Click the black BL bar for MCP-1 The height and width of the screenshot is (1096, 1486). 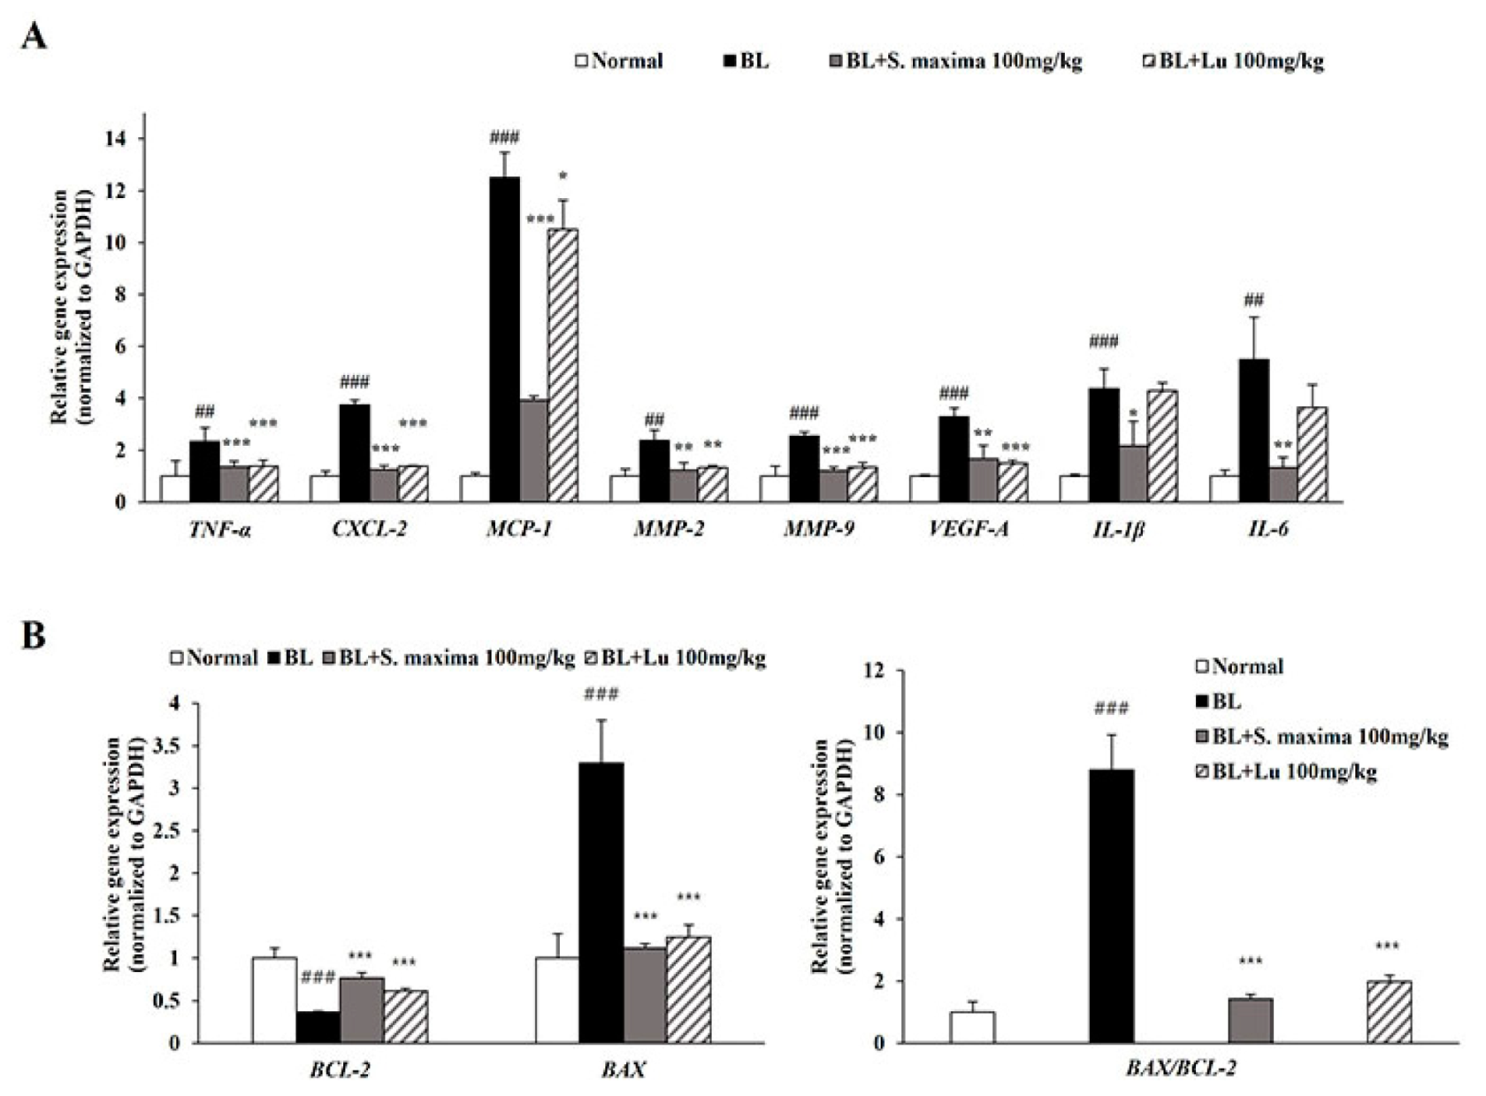[505, 341]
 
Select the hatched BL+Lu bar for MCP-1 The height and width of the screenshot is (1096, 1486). [563, 365]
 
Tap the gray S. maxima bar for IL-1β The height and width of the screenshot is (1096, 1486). [1133, 473]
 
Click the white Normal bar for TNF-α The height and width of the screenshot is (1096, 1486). [174, 488]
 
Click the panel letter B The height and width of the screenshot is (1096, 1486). [33, 636]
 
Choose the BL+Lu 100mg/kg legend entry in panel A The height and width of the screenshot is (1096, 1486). [1233, 61]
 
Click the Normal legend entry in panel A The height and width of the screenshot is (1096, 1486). [618, 61]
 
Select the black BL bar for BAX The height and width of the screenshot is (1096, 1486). [601, 902]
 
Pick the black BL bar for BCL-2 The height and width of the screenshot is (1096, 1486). [318, 1027]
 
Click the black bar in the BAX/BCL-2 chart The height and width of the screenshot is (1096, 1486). [1111, 906]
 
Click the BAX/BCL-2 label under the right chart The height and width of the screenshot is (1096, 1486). [1180, 1068]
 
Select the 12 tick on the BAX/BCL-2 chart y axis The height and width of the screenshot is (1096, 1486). [874, 671]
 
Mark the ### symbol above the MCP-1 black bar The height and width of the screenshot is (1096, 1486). [504, 137]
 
